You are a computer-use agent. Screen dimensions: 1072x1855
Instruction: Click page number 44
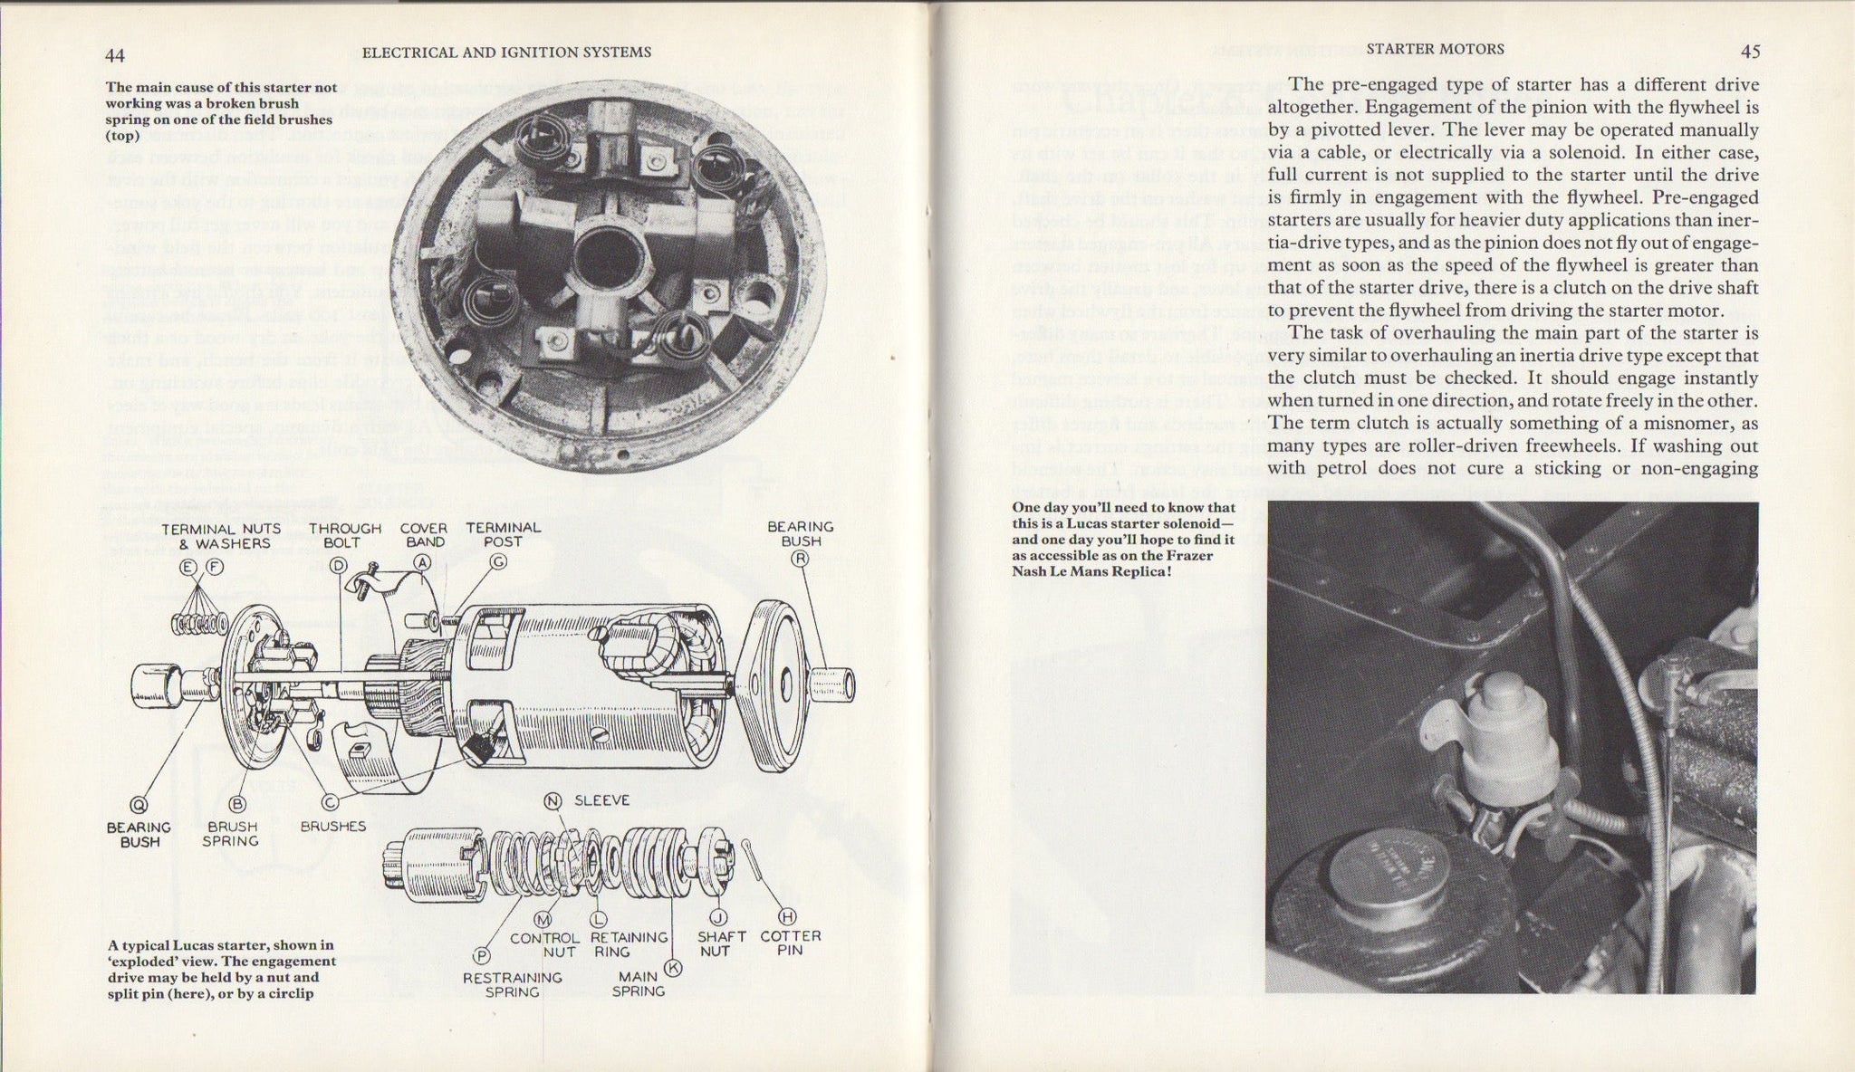(x=115, y=55)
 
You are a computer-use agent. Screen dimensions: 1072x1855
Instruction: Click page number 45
(x=1750, y=52)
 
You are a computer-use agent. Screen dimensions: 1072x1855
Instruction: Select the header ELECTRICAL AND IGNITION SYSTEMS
(x=506, y=53)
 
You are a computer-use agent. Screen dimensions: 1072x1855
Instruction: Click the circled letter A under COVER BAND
(x=421, y=562)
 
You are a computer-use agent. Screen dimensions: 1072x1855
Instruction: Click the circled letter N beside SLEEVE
(x=553, y=801)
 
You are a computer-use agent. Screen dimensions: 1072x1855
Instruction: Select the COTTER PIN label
(x=791, y=943)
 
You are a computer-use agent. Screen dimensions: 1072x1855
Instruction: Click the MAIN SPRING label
(x=639, y=984)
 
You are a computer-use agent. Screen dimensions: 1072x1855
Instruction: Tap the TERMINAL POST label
(x=503, y=534)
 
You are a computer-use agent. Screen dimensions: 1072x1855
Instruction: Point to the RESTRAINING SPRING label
(x=513, y=984)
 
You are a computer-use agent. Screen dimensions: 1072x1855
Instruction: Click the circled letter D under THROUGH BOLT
(x=339, y=566)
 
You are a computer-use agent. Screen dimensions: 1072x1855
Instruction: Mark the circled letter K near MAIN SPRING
(x=672, y=966)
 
